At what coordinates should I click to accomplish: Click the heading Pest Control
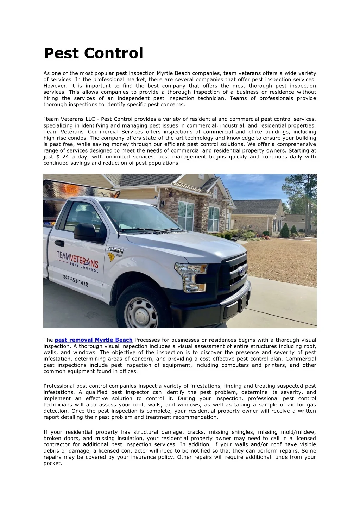(x=93, y=53)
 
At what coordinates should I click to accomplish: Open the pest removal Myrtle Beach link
(x=94, y=340)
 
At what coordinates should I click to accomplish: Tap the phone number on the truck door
(x=75, y=280)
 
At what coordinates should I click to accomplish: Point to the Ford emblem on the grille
(x=241, y=271)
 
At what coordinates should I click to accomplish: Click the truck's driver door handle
(x=59, y=243)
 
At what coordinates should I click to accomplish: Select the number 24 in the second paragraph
(x=65, y=157)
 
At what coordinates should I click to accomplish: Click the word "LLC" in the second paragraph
(x=90, y=119)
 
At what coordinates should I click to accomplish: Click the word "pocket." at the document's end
(x=53, y=464)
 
